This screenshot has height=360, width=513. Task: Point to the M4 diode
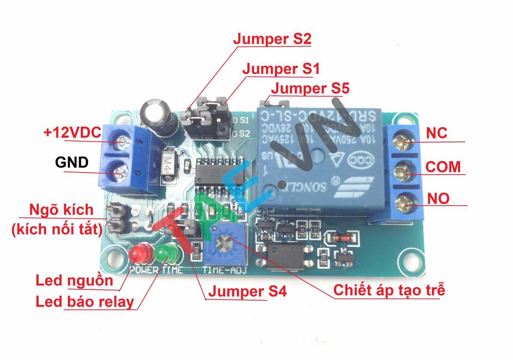click(x=169, y=162)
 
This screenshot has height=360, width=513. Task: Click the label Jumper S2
click(x=272, y=39)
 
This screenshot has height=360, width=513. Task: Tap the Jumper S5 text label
click(x=310, y=89)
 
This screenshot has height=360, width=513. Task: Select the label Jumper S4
click(x=247, y=292)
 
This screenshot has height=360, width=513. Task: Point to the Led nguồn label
click(x=74, y=281)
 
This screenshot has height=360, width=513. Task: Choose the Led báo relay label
click(x=85, y=302)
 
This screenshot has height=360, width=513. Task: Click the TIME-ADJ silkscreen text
click(x=218, y=270)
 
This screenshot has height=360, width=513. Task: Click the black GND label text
click(x=72, y=162)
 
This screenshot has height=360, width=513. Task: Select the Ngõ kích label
click(x=61, y=210)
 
